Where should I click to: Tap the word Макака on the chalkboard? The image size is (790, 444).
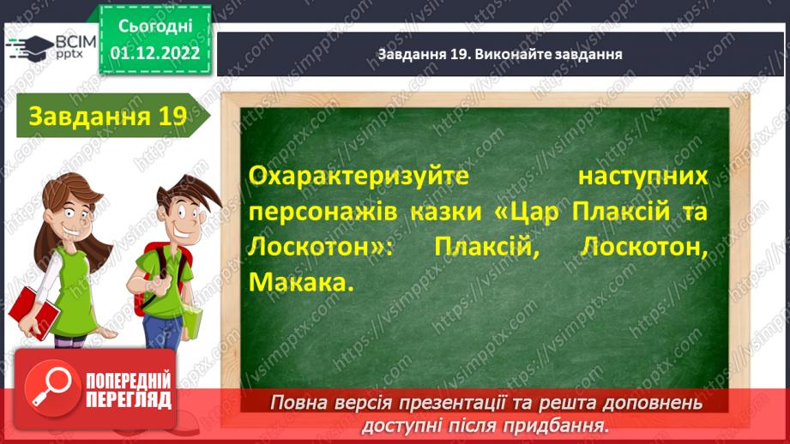(299, 282)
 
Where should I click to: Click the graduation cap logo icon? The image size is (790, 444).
(27, 47)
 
